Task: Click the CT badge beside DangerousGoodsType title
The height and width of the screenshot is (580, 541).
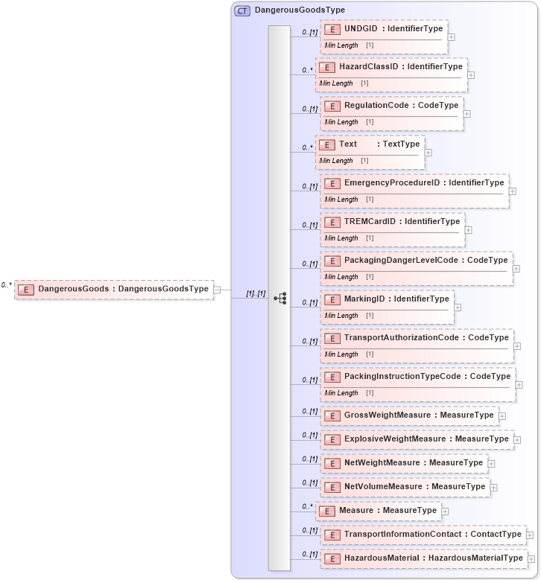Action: [242, 11]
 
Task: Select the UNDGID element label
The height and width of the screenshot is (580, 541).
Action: [393, 29]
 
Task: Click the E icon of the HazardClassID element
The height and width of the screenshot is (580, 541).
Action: [326, 67]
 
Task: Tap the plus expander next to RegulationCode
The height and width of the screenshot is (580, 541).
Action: [466, 114]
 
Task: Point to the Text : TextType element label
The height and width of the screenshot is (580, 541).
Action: [379, 144]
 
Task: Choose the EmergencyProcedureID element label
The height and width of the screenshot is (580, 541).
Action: [423, 183]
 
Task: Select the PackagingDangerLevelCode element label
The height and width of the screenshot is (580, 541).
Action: [425, 261]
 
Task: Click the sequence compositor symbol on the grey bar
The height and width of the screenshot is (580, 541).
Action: [279, 298]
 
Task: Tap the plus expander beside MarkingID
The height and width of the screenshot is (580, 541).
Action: [458, 307]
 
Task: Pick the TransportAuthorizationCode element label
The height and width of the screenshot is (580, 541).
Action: [426, 338]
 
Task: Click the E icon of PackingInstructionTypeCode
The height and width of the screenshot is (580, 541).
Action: [332, 377]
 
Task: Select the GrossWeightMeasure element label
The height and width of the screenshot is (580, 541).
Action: [418, 415]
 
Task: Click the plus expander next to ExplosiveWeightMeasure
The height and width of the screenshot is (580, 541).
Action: [517, 440]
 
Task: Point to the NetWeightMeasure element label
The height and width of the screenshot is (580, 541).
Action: [413, 463]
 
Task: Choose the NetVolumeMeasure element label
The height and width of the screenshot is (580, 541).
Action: [414, 487]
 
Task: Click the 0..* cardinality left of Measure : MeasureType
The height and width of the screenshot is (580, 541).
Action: [306, 507]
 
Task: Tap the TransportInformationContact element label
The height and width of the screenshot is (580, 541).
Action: [432, 535]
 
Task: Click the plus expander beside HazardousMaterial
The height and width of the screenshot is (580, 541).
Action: [531, 559]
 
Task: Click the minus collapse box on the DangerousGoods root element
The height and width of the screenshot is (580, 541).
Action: [217, 290]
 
